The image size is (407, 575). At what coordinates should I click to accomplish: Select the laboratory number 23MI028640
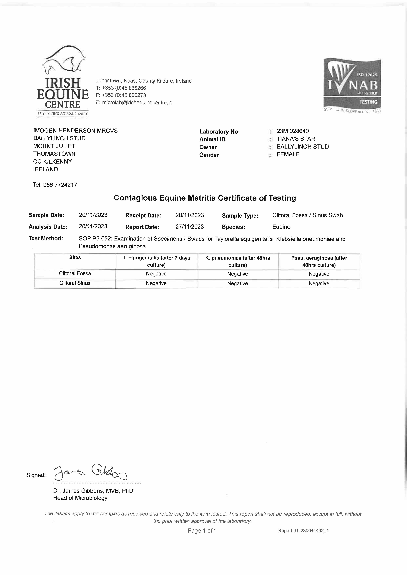point(293,131)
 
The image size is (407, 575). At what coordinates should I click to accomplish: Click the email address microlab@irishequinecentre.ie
point(137,102)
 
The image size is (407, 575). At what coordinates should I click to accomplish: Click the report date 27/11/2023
point(190,227)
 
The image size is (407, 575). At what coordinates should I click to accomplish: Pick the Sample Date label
point(46,215)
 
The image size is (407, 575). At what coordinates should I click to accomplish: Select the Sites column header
point(75,257)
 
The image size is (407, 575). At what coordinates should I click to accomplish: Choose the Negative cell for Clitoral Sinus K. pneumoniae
point(238,283)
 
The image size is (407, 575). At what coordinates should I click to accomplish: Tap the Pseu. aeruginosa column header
point(319,261)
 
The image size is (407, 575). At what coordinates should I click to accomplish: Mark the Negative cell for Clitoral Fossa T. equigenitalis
point(156,274)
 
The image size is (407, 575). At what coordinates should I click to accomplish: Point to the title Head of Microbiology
point(80,498)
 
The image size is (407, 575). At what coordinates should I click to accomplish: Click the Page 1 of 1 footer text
point(202,530)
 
